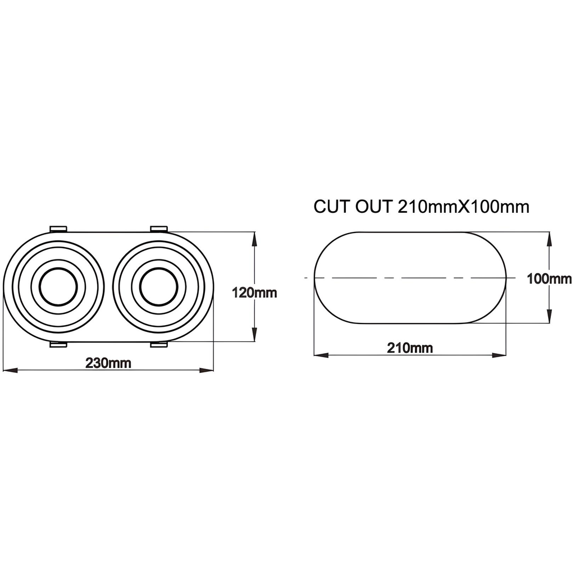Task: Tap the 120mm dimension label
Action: [254, 293]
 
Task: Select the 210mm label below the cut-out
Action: [410, 348]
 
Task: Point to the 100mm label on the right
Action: [549, 279]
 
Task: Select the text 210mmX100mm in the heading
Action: [463, 207]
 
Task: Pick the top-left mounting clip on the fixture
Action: [58, 229]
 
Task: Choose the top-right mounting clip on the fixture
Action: [158, 229]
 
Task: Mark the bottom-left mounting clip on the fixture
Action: [58, 345]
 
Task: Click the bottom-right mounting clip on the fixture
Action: [158, 345]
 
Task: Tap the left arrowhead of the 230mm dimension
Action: [9, 370]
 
